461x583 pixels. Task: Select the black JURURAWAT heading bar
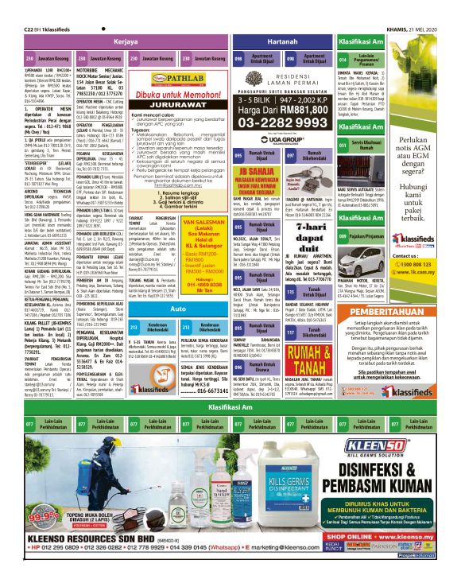coord(172,103)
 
